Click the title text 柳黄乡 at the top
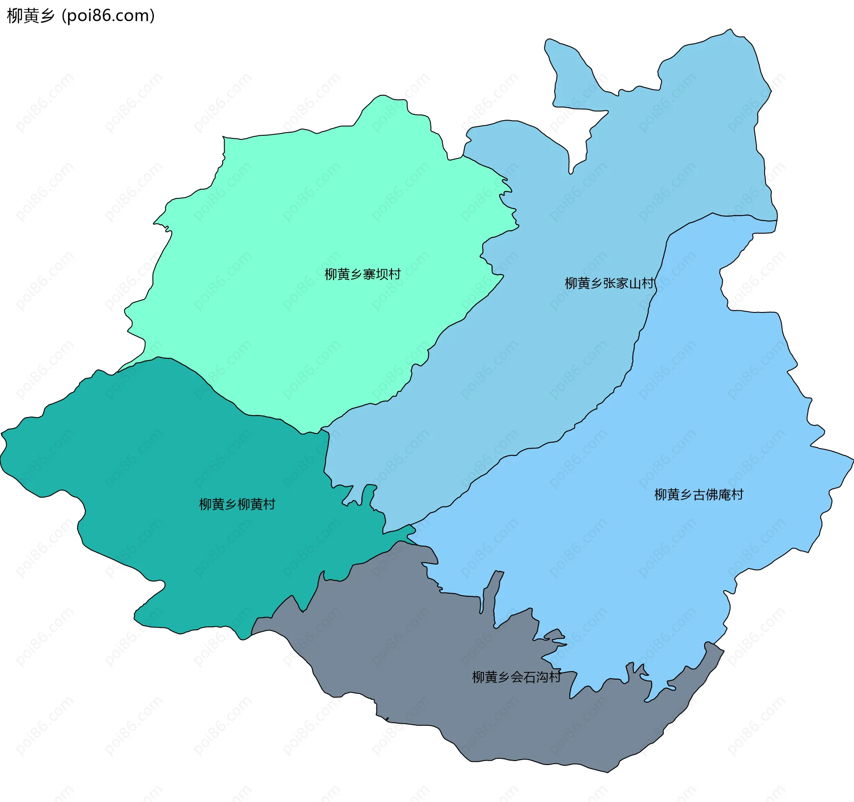[30, 16]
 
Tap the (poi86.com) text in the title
[108, 16]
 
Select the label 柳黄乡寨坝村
[363, 274]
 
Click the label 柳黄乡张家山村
[609, 283]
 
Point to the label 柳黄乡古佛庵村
[698, 494]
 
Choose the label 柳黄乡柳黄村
[237, 504]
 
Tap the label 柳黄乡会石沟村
[516, 677]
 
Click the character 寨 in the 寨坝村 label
[369, 274]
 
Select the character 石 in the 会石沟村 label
[529, 677]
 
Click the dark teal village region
[156, 467]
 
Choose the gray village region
[423, 645]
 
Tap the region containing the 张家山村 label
[556, 356]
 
